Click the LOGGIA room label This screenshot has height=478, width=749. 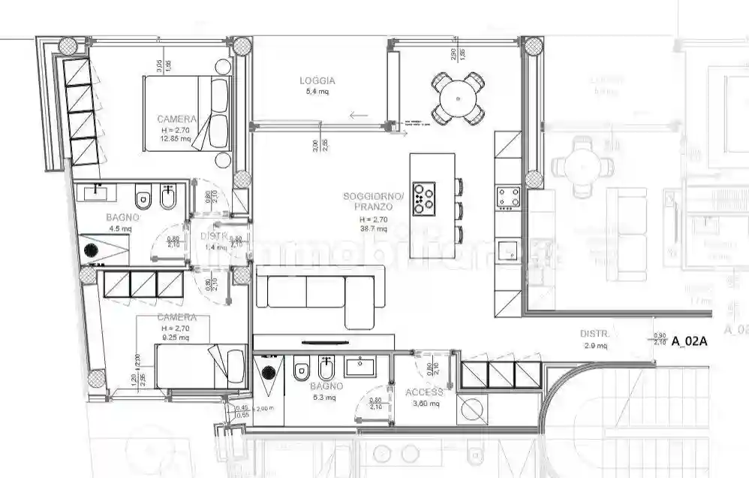click(317, 80)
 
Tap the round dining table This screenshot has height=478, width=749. click(456, 97)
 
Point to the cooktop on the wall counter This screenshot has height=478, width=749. click(508, 197)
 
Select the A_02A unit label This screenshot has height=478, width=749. click(690, 341)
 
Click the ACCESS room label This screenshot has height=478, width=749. click(425, 392)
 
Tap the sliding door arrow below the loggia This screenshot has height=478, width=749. click(359, 116)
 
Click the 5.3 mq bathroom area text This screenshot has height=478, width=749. click(326, 397)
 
